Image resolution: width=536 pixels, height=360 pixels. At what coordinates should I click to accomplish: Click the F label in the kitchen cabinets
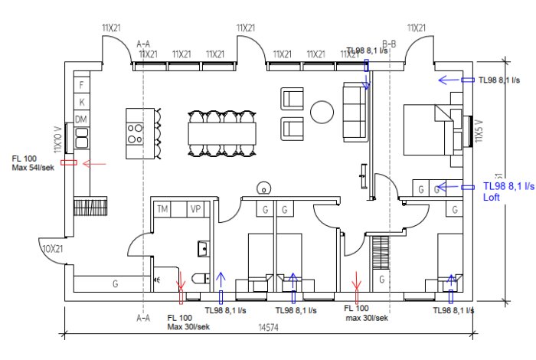point(81,84)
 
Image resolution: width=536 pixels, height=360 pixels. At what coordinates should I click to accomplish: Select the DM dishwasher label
point(81,119)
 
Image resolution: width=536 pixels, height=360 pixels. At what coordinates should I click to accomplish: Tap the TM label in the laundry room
point(162,208)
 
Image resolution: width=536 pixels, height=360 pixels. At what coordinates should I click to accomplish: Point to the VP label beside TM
point(195,208)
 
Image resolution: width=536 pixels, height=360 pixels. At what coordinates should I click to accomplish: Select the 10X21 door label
point(51,249)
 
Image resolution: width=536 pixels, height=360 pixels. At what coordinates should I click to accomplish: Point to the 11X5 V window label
point(479,131)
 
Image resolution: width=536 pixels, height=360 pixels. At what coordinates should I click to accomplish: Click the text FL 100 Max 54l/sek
point(32,163)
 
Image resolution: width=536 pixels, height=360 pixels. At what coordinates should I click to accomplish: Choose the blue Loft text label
point(491,197)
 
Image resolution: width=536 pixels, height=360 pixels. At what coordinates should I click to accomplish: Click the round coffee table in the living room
point(322,113)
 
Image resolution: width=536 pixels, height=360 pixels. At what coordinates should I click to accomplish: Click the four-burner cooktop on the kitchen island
point(136,133)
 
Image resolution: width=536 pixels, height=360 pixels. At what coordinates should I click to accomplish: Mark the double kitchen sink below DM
point(81,138)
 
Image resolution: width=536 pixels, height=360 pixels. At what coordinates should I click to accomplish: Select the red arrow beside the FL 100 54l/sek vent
point(94,163)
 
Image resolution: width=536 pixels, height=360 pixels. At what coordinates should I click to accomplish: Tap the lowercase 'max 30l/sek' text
point(367,317)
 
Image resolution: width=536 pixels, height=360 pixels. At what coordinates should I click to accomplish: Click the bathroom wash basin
point(202,248)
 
